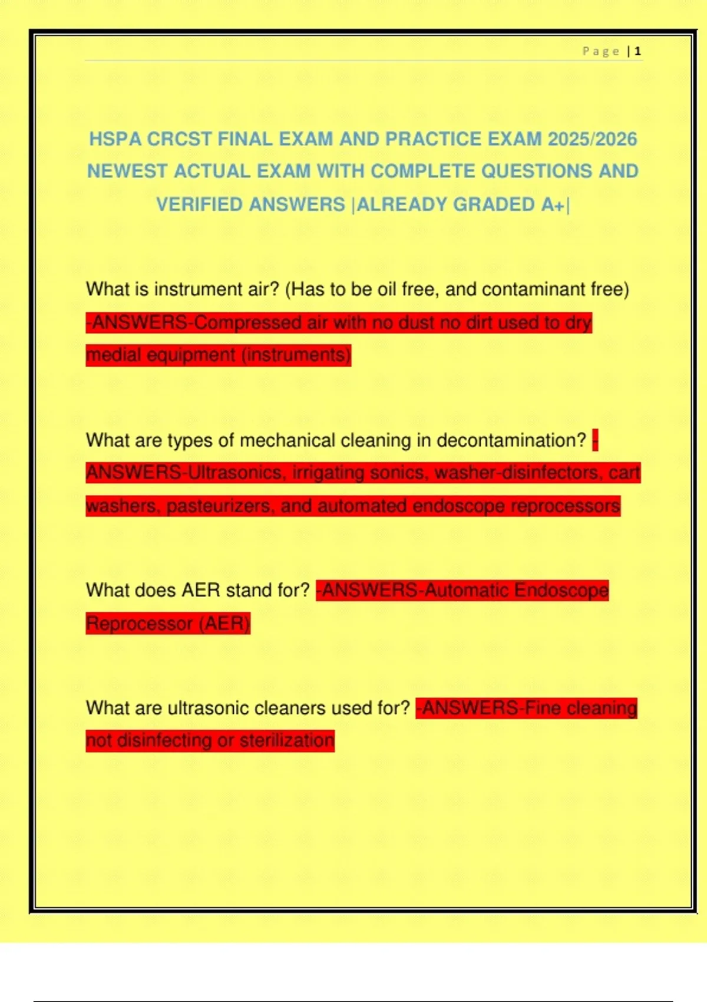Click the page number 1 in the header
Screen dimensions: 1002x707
(637, 51)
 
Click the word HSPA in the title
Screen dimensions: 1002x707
(115, 139)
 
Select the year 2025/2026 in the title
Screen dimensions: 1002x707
(592, 139)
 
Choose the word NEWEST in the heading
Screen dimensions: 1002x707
(127, 172)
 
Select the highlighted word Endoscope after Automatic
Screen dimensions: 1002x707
(561, 590)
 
